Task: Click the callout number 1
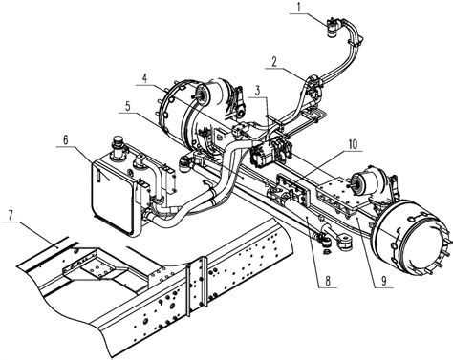[298, 8]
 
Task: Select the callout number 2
[274, 62]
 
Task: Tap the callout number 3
[257, 91]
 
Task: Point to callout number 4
[145, 78]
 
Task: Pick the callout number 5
[128, 106]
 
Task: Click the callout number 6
[66, 140]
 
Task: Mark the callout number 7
[11, 215]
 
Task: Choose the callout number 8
[328, 281]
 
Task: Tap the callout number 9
[384, 281]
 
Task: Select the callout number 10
[353, 145]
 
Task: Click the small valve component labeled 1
[334, 28]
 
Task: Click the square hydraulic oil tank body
[114, 198]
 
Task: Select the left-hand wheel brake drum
[180, 112]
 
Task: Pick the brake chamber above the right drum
[367, 181]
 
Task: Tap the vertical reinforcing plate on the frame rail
[197, 286]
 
